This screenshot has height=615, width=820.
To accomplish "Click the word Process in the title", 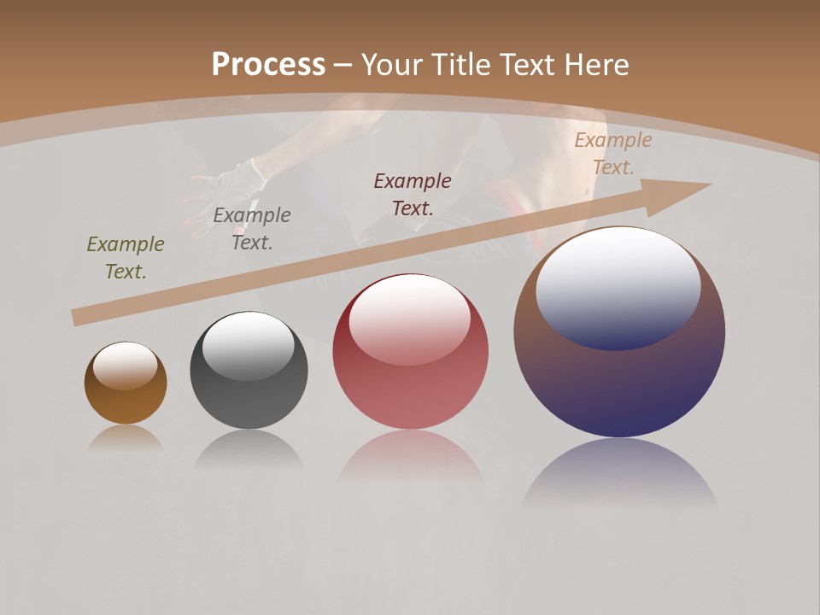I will [268, 65].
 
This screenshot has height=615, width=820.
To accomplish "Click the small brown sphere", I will [126, 401].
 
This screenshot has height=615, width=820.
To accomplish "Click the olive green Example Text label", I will [126, 258].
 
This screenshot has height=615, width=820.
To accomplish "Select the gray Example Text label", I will [252, 229].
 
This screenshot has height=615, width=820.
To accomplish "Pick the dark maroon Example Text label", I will [413, 194].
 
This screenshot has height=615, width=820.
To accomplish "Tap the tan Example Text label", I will [612, 154].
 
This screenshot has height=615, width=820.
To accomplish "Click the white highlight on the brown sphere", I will [125, 366].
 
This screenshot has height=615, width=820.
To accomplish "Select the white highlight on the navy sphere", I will [618, 286].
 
